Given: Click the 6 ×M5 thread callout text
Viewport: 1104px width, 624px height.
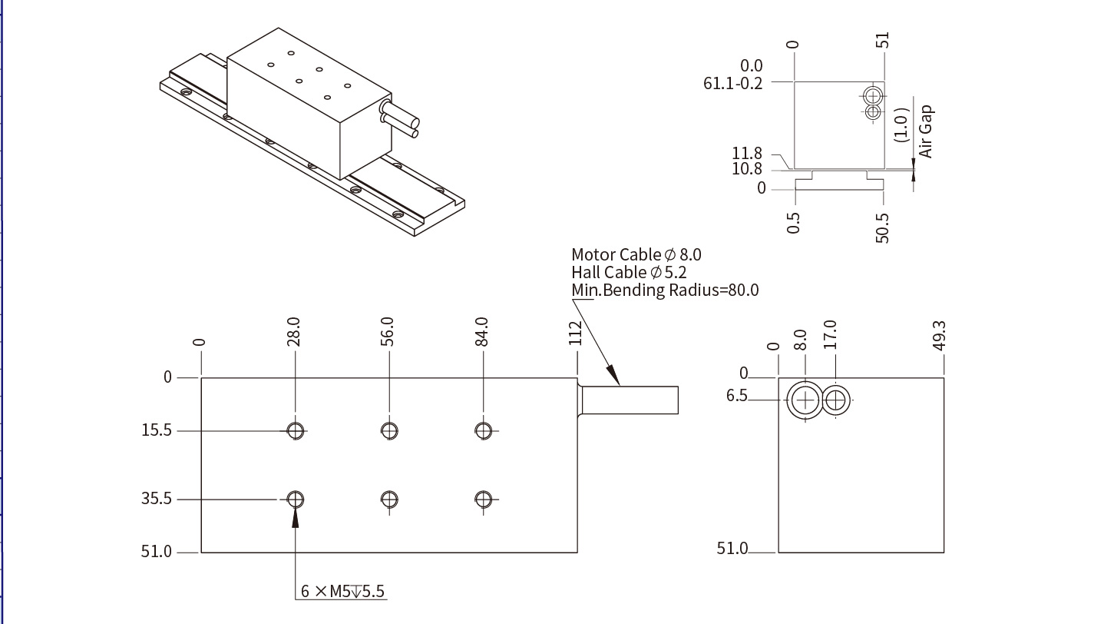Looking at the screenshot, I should click(x=342, y=591).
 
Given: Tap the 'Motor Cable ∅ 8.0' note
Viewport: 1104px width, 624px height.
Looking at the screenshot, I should click(x=636, y=254).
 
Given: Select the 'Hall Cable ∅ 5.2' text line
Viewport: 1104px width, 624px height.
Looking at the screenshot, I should click(x=628, y=272).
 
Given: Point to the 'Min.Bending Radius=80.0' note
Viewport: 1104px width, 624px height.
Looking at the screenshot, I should click(x=665, y=290).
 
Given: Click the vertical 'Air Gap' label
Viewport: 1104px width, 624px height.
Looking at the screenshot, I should click(x=925, y=131).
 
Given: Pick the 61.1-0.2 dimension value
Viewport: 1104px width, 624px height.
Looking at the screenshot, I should click(x=732, y=83).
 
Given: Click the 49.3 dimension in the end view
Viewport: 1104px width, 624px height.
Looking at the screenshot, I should click(x=939, y=336).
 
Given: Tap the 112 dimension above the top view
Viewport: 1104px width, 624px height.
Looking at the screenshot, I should click(x=576, y=333).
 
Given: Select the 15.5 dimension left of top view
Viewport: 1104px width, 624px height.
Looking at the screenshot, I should click(x=157, y=430).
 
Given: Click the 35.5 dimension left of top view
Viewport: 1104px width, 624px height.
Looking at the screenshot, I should click(x=157, y=500).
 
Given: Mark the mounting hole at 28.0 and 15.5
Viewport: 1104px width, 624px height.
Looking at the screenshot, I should click(x=296, y=430).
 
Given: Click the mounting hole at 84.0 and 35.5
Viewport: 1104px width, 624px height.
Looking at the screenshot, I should click(x=483, y=500).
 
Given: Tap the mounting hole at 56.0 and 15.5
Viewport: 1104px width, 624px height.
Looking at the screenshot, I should click(x=389, y=430).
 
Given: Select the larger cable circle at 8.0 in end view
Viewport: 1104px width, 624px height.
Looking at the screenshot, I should click(x=805, y=400).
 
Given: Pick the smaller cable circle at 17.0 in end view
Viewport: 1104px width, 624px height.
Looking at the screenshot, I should click(x=836, y=400).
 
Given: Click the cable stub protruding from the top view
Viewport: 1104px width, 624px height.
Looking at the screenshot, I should click(x=630, y=400).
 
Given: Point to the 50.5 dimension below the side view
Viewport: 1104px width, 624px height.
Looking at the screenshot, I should click(x=882, y=228).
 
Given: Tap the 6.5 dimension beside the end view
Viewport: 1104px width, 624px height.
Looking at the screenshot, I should click(x=736, y=396).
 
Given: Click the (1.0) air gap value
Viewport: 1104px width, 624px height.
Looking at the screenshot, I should click(x=902, y=124).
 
